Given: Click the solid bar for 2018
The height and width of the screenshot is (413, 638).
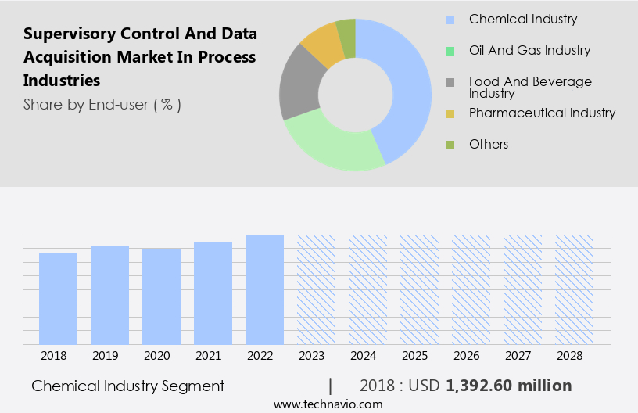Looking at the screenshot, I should [58, 298].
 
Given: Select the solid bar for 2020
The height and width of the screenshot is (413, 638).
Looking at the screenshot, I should [161, 296].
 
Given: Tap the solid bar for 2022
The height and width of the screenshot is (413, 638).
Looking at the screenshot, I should [264, 289].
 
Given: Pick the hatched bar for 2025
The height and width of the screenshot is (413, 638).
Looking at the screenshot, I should [419, 289].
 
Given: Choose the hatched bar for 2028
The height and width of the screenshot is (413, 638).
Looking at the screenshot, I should [574, 289].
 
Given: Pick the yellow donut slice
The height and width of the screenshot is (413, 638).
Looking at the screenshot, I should [321, 43].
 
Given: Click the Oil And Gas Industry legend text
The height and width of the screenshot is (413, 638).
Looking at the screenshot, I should [529, 50].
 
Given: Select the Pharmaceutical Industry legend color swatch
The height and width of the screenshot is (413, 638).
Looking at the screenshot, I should [450, 113].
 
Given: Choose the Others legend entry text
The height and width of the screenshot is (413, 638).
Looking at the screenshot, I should [489, 144].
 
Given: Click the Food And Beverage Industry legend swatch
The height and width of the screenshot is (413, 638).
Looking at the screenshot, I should [450, 82].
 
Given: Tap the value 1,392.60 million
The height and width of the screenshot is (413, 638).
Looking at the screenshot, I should [508, 386].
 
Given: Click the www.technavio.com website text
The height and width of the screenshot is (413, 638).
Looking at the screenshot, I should [328, 404].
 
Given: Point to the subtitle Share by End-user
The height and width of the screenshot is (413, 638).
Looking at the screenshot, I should [102, 104].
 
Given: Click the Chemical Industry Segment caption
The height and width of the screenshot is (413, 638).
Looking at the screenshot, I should [128, 386].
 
